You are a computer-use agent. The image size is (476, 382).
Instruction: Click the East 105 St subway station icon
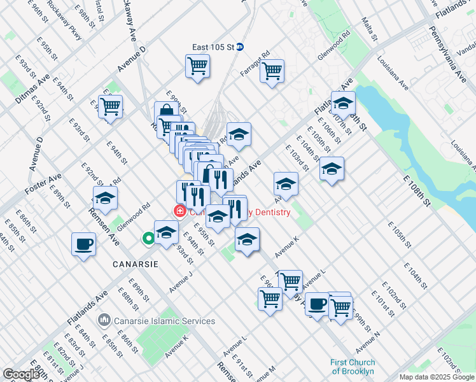(x=240, y=46)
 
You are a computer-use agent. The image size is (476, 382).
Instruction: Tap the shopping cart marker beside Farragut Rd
(x=272, y=71)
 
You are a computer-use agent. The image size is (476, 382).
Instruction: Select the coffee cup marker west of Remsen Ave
(x=83, y=244)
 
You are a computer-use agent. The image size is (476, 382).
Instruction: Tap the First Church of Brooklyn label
(x=353, y=367)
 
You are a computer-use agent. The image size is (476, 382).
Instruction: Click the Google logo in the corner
(x=20, y=374)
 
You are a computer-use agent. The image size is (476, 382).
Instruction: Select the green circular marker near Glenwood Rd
(x=148, y=239)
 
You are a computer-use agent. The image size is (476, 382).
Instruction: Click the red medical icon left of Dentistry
(x=180, y=211)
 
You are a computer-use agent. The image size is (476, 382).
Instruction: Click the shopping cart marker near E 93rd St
(x=111, y=106)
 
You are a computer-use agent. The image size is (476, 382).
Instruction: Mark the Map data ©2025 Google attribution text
(x=437, y=377)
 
